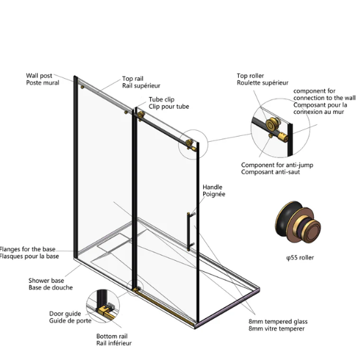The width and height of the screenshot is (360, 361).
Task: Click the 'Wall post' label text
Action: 39,75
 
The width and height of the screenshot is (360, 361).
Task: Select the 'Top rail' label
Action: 133,79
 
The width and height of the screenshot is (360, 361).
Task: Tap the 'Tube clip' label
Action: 161,100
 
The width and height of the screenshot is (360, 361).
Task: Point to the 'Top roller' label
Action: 250,75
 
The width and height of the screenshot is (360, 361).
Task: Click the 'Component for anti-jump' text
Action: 277,165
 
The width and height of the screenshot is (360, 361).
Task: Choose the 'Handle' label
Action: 212,187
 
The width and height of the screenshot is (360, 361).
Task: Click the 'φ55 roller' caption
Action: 300,258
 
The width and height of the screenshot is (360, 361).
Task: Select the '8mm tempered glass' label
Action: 278,321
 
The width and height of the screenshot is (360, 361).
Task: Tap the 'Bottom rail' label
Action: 112,336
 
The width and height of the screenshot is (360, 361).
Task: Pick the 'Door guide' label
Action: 65,314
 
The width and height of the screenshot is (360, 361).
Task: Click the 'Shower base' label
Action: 46,280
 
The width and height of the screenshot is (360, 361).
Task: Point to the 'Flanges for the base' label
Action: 27,249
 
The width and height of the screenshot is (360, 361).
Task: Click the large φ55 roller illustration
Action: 298,222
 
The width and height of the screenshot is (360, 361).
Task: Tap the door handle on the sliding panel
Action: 189,232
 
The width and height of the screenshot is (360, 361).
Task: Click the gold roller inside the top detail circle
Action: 272,124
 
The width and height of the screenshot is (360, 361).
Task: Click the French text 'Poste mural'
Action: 42,83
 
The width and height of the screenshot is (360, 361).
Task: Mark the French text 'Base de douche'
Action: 51,287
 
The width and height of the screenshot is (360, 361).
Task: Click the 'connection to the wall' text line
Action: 324,98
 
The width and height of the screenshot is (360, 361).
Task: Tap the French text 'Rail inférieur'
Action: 114,343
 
